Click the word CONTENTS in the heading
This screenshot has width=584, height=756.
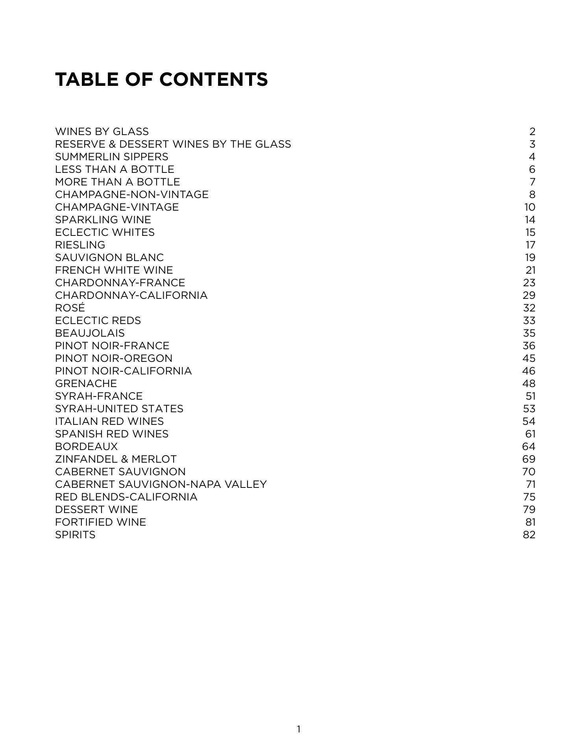coord(214,80)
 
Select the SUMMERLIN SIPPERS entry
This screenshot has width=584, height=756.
coord(112,157)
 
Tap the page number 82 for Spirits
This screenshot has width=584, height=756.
coord(529,535)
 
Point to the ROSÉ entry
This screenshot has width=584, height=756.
coord(70,308)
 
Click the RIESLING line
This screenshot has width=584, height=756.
coord(80,245)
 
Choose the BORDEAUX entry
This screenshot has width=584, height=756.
coord(87,447)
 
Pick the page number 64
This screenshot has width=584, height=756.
coord(529,447)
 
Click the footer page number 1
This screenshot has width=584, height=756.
coord(299,729)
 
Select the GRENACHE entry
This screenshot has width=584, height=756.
coord(86,384)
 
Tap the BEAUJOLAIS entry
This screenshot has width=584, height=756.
coord(90,333)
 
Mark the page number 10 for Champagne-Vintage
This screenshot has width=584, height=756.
coord(530,207)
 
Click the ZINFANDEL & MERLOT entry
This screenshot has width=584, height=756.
coord(116,459)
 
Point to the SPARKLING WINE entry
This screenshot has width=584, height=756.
coord(103,220)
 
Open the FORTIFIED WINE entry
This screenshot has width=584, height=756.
coord(100,522)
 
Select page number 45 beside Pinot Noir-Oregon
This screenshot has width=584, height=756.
coord(529,358)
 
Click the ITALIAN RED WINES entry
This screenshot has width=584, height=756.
coord(109,421)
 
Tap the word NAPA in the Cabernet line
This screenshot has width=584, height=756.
coord(205,484)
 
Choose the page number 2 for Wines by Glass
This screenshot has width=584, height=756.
coord(532,132)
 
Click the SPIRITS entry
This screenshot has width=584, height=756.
coord(75,535)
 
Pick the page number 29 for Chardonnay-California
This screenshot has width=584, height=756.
coord(529,295)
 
